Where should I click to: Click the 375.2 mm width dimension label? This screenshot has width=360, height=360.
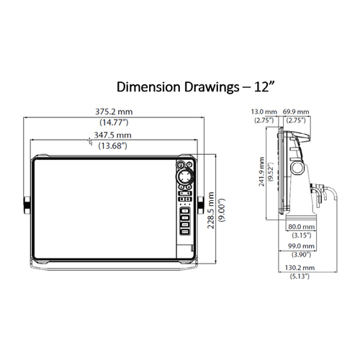[x=114, y=112]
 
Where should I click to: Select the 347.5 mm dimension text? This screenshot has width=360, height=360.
[x=112, y=135]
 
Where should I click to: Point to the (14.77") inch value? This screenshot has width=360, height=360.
[x=114, y=122]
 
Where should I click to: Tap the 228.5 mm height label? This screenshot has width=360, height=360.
[x=211, y=210]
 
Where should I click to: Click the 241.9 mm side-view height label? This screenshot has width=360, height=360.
[x=261, y=171]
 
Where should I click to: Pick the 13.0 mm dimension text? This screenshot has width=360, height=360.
[x=264, y=112]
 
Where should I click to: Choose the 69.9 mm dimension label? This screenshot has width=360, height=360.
[x=296, y=112]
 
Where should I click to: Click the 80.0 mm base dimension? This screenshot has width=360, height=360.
[x=302, y=227]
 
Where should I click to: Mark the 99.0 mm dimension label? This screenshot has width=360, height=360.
[x=301, y=246]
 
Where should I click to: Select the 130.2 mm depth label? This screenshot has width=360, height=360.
[x=300, y=268]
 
